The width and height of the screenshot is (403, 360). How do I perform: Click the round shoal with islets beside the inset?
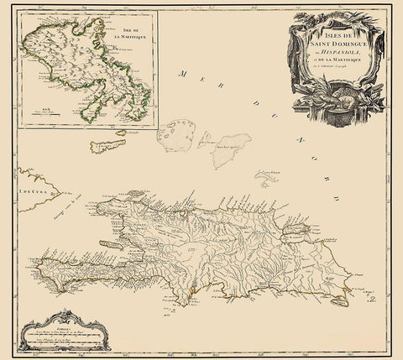179,134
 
